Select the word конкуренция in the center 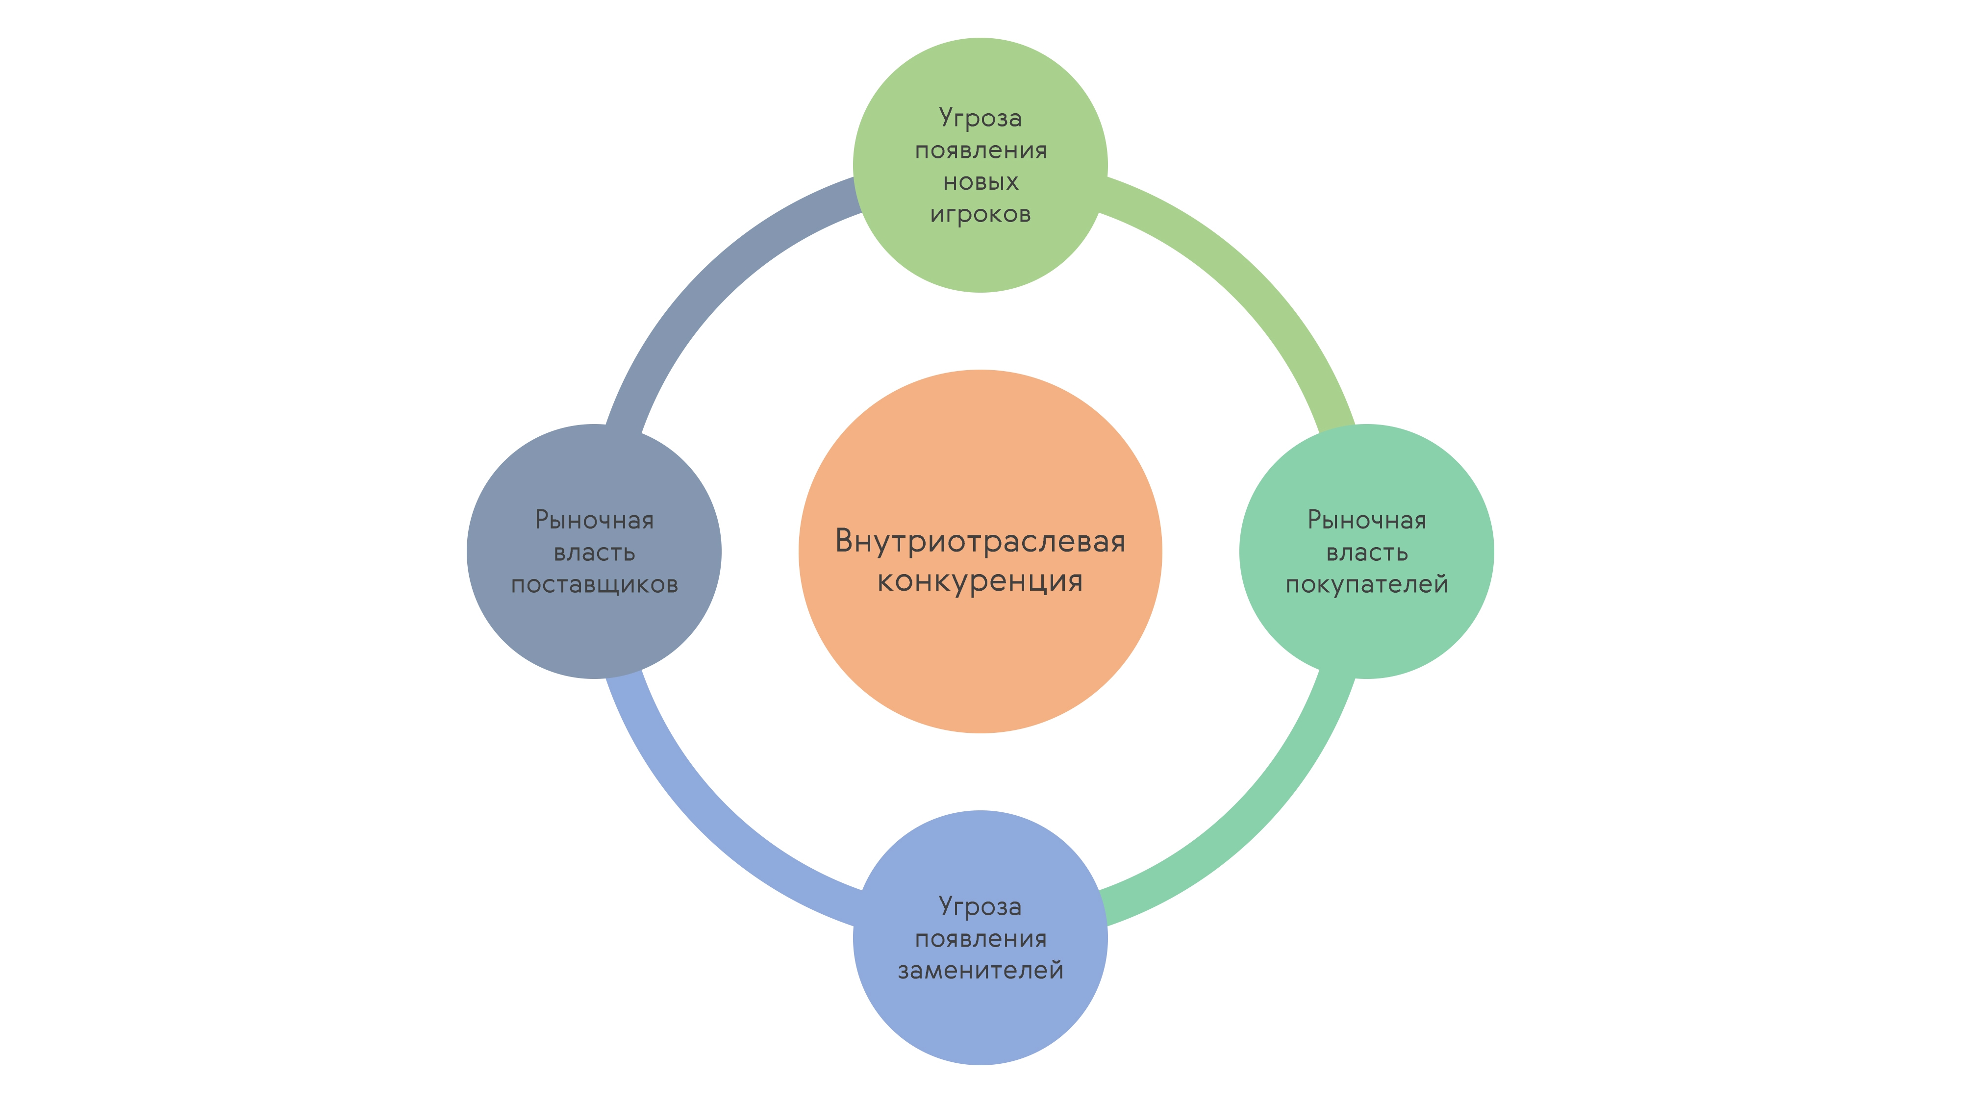coord(980,581)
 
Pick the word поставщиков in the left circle coord(594,585)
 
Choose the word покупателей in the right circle coord(1366,585)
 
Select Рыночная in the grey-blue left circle coord(594,520)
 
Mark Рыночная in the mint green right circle coord(1366,520)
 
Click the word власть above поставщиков coord(594,552)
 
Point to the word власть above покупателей coord(1366,552)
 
